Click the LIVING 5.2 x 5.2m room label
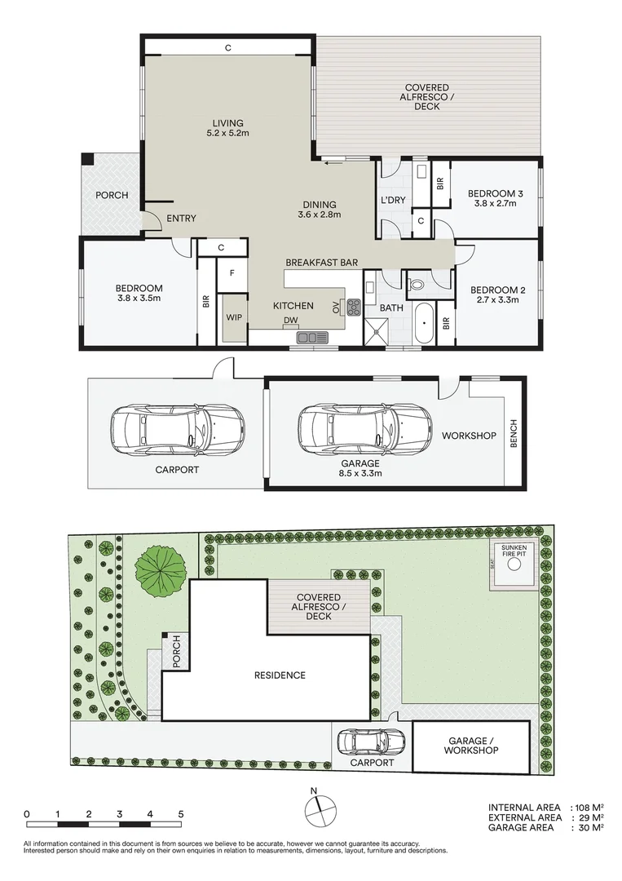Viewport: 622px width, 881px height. point(227,126)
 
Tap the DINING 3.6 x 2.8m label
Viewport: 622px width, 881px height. point(319,210)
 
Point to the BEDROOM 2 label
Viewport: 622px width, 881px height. point(496,294)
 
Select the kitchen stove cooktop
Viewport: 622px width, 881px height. point(355,308)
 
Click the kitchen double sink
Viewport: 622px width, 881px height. point(312,336)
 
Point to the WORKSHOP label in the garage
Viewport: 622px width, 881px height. point(469,436)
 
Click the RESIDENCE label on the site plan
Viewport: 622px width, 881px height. point(279,675)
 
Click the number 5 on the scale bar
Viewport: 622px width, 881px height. point(181,814)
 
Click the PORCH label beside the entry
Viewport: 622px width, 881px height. point(111,196)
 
